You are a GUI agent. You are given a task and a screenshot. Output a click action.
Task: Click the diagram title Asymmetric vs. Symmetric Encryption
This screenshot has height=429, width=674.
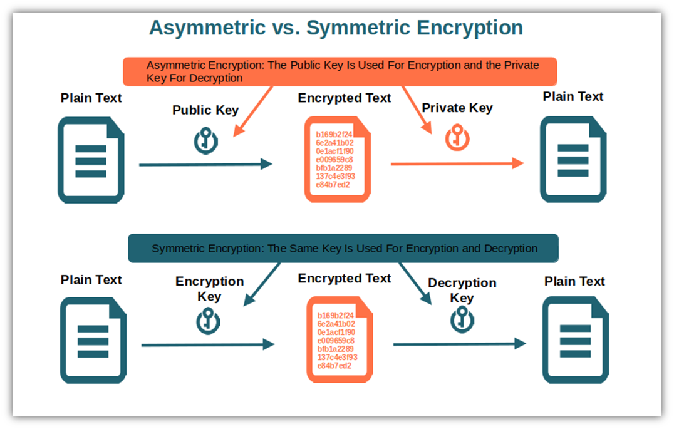pos(336,28)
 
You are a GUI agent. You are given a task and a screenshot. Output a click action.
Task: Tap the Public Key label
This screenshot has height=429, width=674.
pos(205,110)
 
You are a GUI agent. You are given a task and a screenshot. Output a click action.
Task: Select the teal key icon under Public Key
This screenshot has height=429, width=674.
pos(206,140)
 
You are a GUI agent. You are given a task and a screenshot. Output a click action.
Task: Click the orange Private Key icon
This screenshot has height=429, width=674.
pos(457,138)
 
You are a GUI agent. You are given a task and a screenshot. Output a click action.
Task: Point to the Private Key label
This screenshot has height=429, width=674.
pos(457,108)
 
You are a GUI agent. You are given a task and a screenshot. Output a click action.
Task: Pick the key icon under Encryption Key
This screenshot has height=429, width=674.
pos(208,321)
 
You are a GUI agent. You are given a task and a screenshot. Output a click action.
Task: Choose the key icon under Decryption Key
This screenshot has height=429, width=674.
pos(462,319)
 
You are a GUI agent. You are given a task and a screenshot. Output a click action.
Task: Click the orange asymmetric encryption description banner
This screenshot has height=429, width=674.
pos(340,72)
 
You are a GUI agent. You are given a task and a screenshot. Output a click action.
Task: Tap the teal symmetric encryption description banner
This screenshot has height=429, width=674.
pos(343,248)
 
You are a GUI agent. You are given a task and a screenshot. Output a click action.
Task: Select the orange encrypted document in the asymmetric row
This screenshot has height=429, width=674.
pos(338,159)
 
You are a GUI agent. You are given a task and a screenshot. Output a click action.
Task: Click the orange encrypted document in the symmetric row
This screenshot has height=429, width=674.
pos(340,339)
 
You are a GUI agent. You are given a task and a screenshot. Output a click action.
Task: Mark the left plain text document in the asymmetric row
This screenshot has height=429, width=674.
pos(91,160)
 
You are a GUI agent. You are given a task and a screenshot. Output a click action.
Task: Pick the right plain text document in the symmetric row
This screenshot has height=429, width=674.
pos(576,340)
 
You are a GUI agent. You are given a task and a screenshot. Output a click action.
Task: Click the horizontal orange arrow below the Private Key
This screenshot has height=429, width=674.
pos(457,163)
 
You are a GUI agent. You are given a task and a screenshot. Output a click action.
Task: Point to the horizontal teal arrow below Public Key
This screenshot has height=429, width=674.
pos(205,164)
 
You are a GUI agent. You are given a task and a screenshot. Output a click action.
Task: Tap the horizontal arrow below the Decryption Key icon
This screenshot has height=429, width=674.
pos(460,344)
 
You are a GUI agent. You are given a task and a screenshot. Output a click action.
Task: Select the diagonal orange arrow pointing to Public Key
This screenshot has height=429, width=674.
pos(253,111)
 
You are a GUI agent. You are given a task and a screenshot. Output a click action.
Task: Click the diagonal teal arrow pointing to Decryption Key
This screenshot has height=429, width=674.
pos(415,284)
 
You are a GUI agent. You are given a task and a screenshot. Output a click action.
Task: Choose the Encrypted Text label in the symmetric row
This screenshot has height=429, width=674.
pos(345,279)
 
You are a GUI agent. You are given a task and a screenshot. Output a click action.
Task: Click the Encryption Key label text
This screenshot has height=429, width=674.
pos(209,289)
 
